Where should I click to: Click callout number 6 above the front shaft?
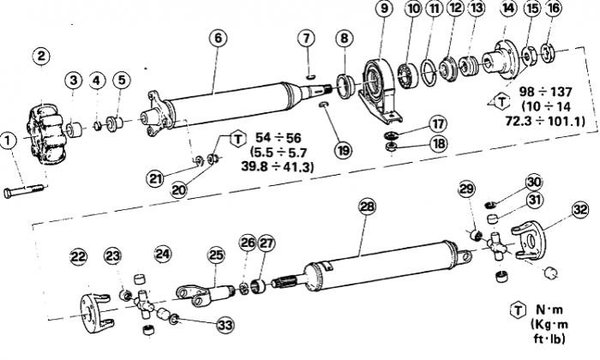[218, 38]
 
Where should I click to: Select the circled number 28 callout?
[368, 207]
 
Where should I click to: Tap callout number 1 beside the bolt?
[8, 140]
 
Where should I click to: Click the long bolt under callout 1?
[24, 190]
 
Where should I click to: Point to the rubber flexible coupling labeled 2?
[46, 135]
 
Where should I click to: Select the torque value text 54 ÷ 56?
[278, 138]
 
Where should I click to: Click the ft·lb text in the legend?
[549, 339]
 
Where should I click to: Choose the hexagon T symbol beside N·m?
[518, 310]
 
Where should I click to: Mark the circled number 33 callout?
[225, 325]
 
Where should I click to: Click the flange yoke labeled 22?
[95, 311]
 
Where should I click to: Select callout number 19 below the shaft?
[343, 150]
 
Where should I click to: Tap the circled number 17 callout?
[438, 124]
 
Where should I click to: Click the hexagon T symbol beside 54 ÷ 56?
[238, 138]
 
